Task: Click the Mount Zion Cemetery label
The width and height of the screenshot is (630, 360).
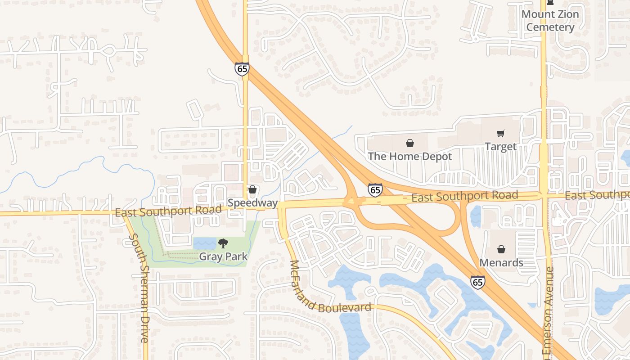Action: (550, 21)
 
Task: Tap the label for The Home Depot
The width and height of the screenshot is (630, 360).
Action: (410, 157)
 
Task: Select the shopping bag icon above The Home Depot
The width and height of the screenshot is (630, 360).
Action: (410, 143)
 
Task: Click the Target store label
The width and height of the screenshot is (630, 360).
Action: (500, 147)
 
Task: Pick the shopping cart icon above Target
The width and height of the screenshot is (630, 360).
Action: (500, 133)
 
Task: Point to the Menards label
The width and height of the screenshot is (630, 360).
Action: (501, 262)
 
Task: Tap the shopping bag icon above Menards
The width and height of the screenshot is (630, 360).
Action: (501, 249)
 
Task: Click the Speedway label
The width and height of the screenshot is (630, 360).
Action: (252, 203)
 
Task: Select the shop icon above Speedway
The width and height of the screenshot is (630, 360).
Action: (252, 189)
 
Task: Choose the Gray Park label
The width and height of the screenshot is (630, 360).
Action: (223, 257)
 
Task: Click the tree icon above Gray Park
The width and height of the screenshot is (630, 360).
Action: (223, 243)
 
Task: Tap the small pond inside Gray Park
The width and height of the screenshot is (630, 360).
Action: (205, 243)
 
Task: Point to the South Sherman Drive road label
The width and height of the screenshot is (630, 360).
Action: (139, 288)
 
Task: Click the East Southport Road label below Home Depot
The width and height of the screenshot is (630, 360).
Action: (464, 197)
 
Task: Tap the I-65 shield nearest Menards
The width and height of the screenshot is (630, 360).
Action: (478, 282)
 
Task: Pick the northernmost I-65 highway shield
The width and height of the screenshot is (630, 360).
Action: (242, 69)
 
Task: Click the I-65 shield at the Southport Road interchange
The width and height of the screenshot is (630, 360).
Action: (375, 189)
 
